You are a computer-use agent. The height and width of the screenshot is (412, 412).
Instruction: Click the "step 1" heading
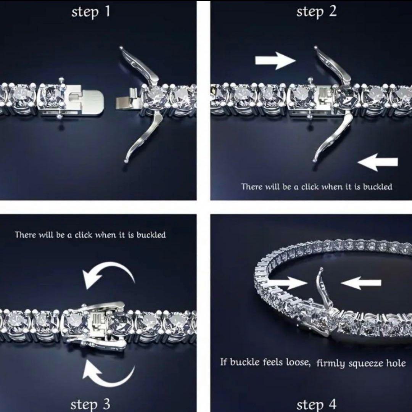point(91,12)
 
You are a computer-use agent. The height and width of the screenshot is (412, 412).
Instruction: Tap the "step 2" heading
point(317,12)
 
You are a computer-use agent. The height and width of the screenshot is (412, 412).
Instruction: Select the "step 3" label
point(90,403)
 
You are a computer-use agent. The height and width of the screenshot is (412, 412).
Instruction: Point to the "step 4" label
point(316,404)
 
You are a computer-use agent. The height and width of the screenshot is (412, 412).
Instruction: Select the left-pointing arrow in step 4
point(360,283)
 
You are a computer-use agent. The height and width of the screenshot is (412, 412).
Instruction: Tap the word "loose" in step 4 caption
point(298,362)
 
